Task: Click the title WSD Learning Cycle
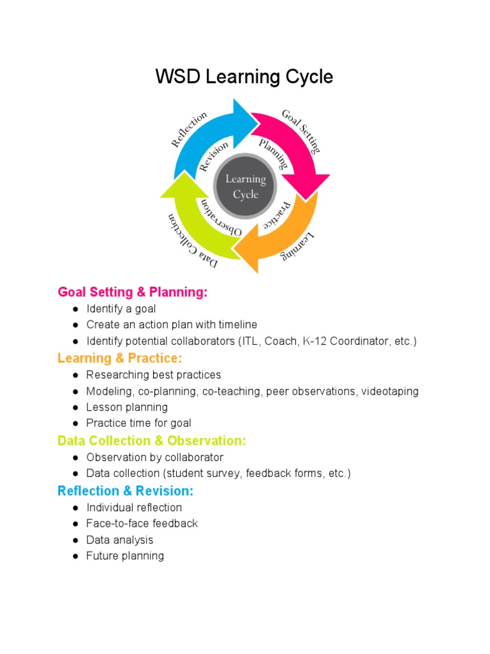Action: [244, 77]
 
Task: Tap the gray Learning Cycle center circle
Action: [245, 186]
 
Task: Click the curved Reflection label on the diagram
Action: [189, 129]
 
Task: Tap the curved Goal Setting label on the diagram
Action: [301, 130]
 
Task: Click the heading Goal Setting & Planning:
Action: [133, 292]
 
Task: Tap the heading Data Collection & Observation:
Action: [152, 441]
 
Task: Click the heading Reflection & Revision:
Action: [125, 490]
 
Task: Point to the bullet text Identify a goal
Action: [121, 308]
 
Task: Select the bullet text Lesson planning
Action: [127, 407]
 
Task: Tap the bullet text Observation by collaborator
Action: [155, 457]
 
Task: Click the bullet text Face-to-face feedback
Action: [142, 524]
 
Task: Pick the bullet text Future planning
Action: [125, 556]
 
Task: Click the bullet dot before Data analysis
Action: [75, 540]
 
